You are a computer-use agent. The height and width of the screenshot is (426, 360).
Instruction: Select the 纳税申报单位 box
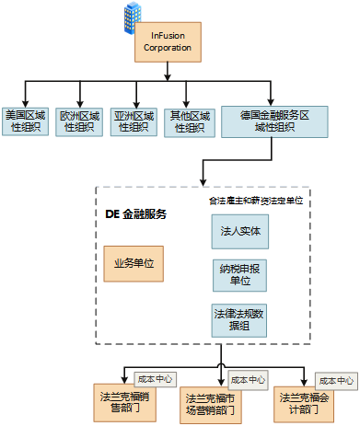(x=239, y=273)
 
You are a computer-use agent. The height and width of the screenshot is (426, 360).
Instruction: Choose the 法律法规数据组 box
(x=239, y=318)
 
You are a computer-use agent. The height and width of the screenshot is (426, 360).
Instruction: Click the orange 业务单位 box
(x=134, y=263)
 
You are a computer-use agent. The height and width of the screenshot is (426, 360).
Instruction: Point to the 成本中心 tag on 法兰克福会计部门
(x=336, y=379)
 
